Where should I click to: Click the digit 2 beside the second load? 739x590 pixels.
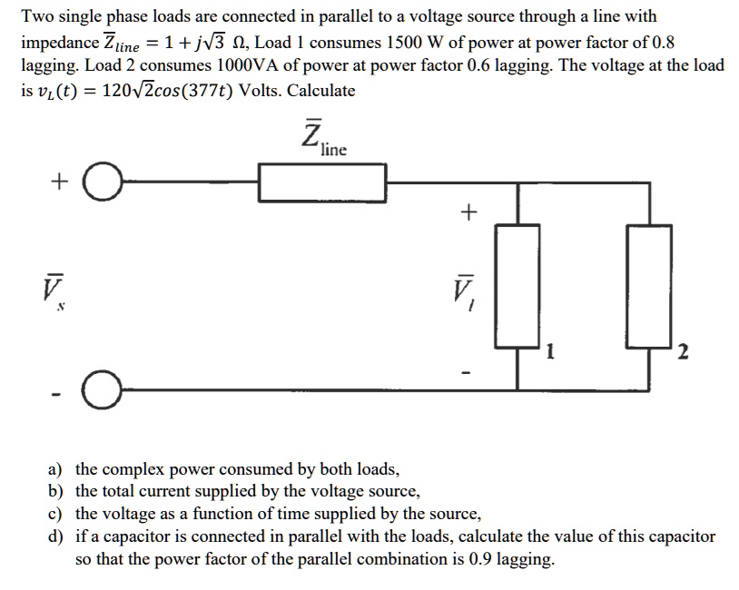pyautogui.click(x=683, y=353)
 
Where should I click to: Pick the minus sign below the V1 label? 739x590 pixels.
pyautogui.click(x=468, y=373)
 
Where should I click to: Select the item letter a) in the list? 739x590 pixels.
pyautogui.click(x=55, y=470)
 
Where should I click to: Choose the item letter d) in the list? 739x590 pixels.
pyautogui.click(x=55, y=537)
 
